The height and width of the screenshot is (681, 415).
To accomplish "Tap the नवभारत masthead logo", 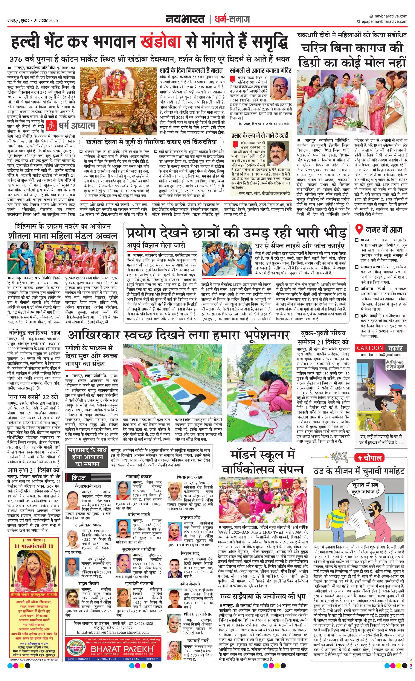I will [185, 19].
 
